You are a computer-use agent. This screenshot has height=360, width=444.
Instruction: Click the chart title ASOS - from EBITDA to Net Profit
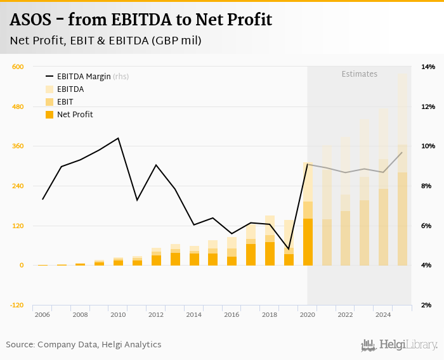point(141,20)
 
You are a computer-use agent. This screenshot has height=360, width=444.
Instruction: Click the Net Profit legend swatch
point(49,115)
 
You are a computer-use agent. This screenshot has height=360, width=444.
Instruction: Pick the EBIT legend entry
point(65,102)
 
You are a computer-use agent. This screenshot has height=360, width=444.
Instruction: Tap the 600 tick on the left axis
point(18,67)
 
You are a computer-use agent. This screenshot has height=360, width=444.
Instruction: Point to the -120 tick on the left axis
point(16,305)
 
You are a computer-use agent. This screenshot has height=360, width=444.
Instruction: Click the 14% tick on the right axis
point(428,67)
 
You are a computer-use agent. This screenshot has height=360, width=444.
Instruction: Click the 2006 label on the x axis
point(42,315)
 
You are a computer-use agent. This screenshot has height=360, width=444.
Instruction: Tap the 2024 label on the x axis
point(383,315)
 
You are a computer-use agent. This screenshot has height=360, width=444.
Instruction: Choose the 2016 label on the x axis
point(232,315)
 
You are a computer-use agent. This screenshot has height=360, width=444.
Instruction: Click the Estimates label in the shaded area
point(360,74)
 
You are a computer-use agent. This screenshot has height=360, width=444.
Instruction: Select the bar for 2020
point(308,215)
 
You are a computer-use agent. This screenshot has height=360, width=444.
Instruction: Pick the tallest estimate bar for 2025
point(403,171)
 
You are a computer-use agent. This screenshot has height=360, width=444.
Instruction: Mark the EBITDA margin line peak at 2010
point(119,138)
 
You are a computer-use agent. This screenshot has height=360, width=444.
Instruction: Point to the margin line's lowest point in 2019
point(289,249)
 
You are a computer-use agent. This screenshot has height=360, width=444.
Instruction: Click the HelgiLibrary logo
point(400,345)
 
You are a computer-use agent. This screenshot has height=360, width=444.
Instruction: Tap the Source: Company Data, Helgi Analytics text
point(84,345)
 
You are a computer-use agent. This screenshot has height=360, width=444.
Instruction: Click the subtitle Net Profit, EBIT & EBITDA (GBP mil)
point(106,41)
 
